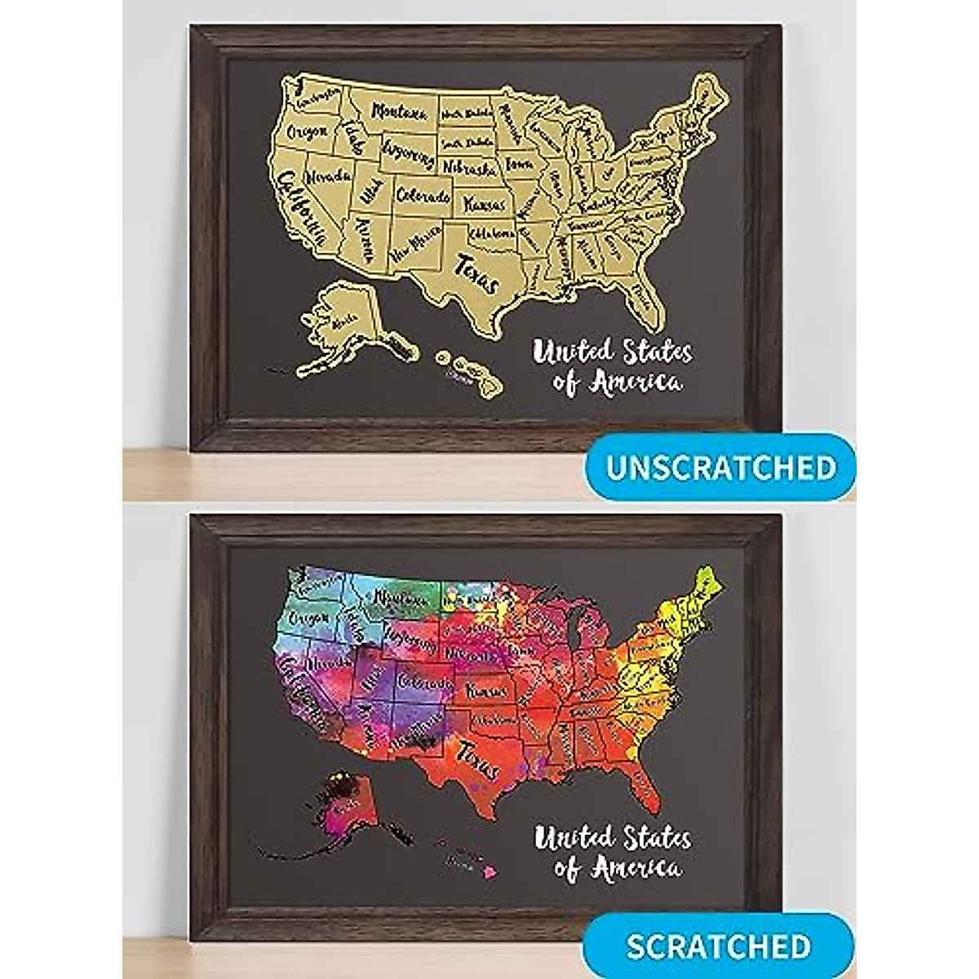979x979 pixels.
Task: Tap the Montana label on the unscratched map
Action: click(401, 112)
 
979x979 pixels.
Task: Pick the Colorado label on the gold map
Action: click(423, 197)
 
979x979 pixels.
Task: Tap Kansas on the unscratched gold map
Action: click(485, 204)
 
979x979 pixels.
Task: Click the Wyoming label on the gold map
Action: click(405, 153)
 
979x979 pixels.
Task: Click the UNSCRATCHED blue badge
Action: click(721, 467)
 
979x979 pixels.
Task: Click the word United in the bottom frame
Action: click(571, 839)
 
